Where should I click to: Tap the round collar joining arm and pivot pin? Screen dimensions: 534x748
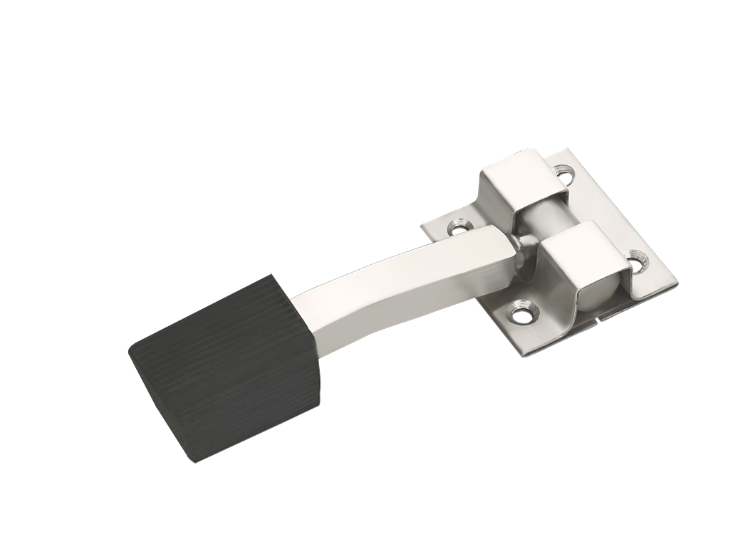pos(525,251)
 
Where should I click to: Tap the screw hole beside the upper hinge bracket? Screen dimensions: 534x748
pos(566,172)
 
